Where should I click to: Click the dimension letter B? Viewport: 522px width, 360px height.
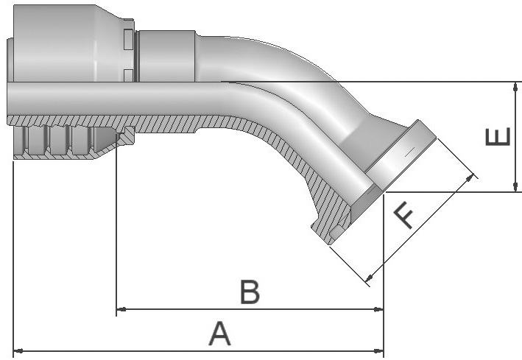(x=250, y=292)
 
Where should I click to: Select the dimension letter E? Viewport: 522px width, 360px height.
(x=498, y=137)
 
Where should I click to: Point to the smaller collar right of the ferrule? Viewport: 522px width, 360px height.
(x=166, y=55)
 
